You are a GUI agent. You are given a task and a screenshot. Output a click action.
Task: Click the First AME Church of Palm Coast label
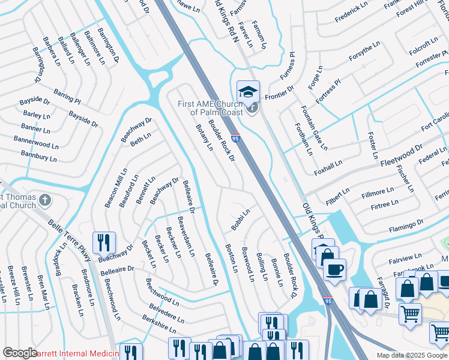point(210,108)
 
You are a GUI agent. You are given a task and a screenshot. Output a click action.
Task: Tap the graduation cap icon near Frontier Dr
point(248,92)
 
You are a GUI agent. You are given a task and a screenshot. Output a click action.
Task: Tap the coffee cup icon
point(334,269)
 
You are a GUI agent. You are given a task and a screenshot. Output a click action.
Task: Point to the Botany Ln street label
point(205,137)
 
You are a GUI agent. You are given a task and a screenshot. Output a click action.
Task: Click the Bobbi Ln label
point(241,220)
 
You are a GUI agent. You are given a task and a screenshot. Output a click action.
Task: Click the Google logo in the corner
point(20,353)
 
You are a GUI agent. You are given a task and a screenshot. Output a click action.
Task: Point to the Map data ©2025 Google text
point(412,355)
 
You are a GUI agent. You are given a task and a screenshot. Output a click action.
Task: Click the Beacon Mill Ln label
point(116,188)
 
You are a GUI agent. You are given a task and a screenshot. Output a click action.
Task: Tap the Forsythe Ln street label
point(361,53)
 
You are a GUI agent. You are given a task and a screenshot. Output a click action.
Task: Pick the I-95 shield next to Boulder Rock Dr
point(235,139)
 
